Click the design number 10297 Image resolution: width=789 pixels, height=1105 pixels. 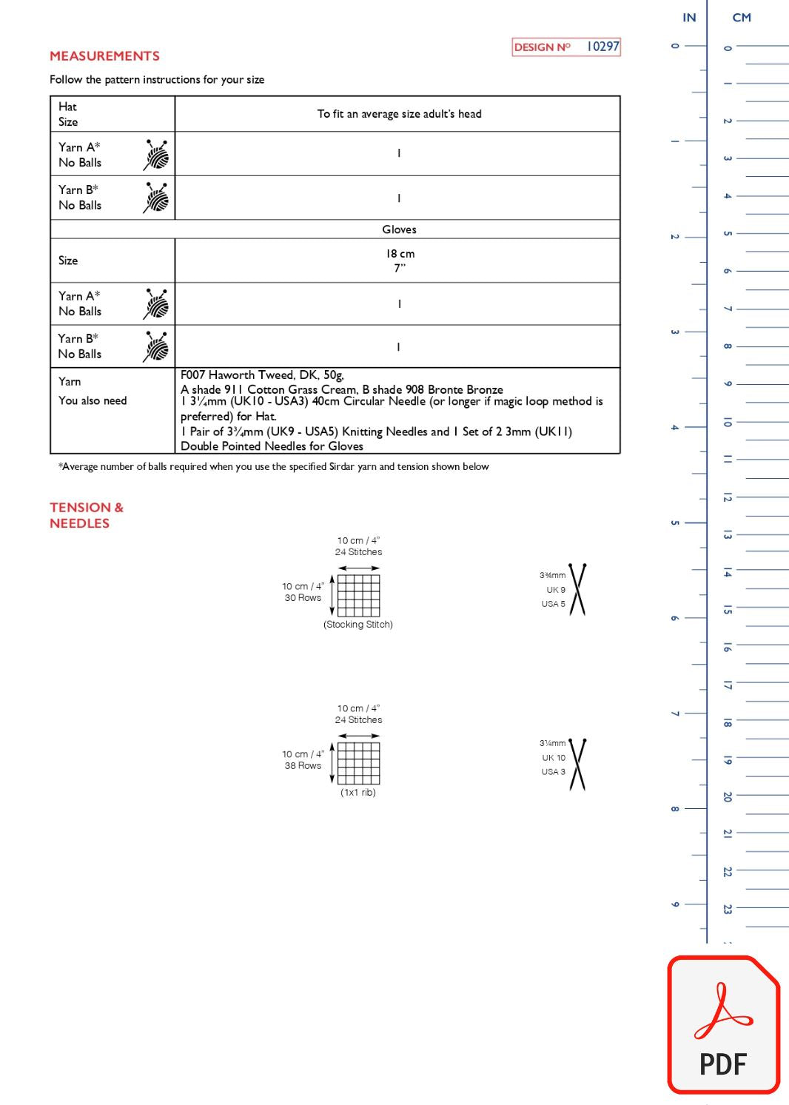click(602, 47)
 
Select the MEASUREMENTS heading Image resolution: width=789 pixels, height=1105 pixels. click(104, 56)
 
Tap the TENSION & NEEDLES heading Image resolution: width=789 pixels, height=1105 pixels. click(86, 515)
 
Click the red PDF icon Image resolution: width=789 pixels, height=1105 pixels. click(723, 1025)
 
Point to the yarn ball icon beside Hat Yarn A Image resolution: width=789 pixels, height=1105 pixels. click(156, 155)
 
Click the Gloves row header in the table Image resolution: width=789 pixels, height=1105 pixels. click(399, 229)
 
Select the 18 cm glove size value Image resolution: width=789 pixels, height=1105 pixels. click(400, 254)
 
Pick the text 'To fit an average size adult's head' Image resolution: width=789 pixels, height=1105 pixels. click(399, 114)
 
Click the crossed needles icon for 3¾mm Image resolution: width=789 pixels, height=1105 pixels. click(577, 589)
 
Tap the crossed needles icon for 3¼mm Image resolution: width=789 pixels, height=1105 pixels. click(577, 764)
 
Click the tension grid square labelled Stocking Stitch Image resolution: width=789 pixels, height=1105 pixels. click(359, 595)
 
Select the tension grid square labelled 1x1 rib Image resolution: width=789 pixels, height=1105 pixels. click(359, 763)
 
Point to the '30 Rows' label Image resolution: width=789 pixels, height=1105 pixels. click(303, 598)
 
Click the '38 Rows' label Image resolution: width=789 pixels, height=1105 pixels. click(303, 766)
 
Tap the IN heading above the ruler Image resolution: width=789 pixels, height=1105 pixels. click(689, 18)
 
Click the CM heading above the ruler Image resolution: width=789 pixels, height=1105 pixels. click(742, 18)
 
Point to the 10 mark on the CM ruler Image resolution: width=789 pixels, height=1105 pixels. click(728, 422)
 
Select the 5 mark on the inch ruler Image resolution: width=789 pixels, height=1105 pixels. click(674, 523)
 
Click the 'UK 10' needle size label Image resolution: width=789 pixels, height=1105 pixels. click(554, 758)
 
